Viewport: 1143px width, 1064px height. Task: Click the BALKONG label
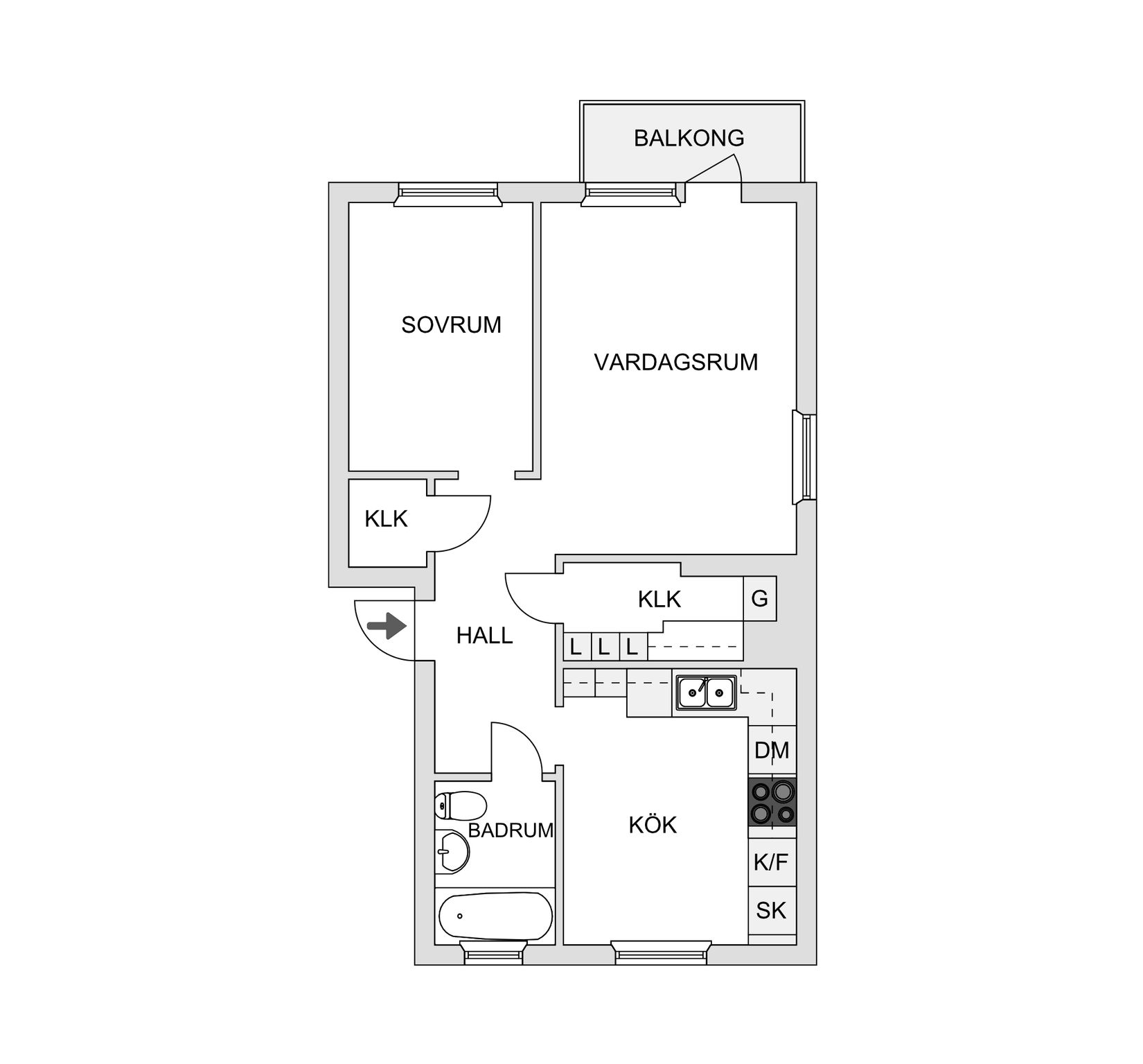point(689,138)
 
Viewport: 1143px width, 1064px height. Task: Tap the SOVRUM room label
point(451,324)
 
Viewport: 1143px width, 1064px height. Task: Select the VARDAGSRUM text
point(675,362)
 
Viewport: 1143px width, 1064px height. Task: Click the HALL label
point(484,635)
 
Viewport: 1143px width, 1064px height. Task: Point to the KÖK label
point(653,825)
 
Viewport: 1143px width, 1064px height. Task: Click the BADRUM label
point(511,830)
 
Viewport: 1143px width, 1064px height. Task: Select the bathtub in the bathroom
point(496,916)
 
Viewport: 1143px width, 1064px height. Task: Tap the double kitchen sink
point(706,691)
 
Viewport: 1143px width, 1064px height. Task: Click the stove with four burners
point(772,802)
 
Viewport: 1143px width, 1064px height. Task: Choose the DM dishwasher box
point(772,750)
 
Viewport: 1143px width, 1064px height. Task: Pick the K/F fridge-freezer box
point(771,862)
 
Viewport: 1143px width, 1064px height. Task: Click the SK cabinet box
point(771,910)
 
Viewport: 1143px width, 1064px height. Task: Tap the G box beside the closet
point(759,598)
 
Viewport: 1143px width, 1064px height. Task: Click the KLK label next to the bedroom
point(386,518)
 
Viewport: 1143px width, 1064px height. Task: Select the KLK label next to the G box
point(659,599)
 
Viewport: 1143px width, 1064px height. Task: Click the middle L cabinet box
point(603,648)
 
